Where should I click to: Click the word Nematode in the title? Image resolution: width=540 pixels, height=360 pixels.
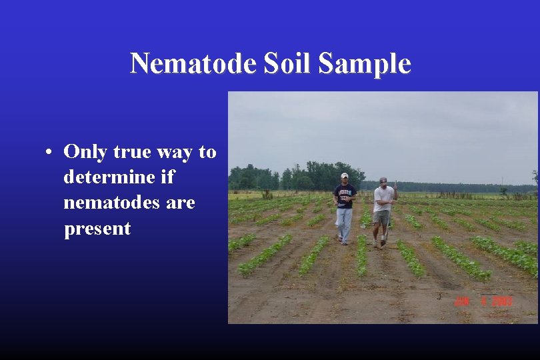[193, 63]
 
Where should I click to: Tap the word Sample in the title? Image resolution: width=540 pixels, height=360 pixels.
[365, 63]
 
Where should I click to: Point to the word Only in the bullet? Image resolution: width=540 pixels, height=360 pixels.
[85, 152]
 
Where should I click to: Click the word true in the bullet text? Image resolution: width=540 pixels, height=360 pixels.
[133, 152]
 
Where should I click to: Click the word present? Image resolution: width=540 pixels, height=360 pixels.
[97, 229]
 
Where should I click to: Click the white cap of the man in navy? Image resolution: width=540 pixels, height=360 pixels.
[345, 175]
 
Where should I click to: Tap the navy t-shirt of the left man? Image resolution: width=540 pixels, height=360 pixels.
[345, 196]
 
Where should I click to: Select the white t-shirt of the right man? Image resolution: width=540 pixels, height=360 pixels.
[383, 199]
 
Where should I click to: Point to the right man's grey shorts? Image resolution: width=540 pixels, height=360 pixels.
[382, 217]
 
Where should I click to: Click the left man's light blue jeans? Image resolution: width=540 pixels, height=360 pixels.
[344, 223]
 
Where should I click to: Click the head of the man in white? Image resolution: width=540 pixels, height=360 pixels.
[383, 181]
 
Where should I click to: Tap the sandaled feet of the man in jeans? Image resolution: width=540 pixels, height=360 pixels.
[343, 241]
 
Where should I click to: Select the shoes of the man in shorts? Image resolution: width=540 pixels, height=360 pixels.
[379, 245]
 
